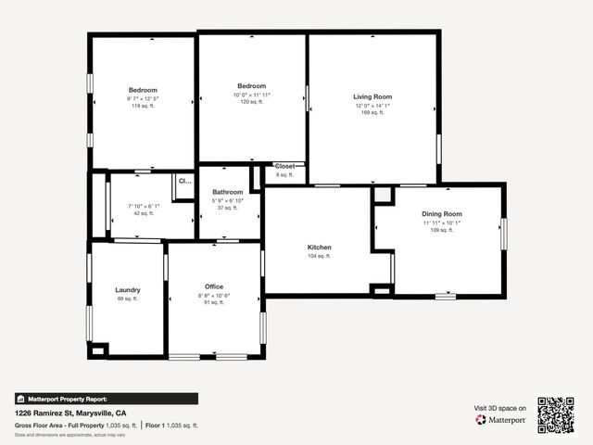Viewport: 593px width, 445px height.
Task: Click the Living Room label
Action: tap(372, 96)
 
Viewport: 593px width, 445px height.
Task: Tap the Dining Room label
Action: tap(442, 214)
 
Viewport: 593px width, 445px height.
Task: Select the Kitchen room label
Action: tap(320, 248)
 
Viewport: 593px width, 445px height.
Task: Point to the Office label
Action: tap(214, 286)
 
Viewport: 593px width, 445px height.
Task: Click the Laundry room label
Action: tap(127, 289)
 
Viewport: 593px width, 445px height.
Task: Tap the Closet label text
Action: tap(284, 166)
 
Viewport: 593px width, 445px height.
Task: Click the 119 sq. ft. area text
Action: tap(143, 107)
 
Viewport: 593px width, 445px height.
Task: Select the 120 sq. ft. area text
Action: tap(251, 102)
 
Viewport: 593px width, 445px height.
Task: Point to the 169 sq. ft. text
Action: tap(372, 112)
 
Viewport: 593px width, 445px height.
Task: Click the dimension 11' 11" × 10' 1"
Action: tap(442, 222)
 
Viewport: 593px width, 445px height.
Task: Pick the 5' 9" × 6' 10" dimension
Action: tap(227, 200)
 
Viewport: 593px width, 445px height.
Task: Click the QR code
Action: tap(556, 414)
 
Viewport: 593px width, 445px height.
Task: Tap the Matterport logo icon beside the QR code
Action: tap(481, 420)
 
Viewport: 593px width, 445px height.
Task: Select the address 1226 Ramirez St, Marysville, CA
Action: tap(83, 413)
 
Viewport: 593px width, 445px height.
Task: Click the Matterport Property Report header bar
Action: tap(106, 399)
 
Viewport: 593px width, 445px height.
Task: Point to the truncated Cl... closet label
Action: tap(183, 182)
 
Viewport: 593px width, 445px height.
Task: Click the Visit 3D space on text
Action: tap(499, 408)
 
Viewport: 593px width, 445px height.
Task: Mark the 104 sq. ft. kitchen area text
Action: tap(320, 256)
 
